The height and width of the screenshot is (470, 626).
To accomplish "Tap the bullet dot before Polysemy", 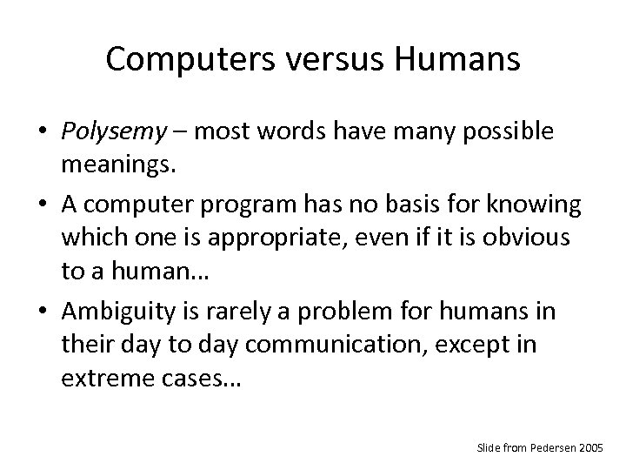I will (x=43, y=131).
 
